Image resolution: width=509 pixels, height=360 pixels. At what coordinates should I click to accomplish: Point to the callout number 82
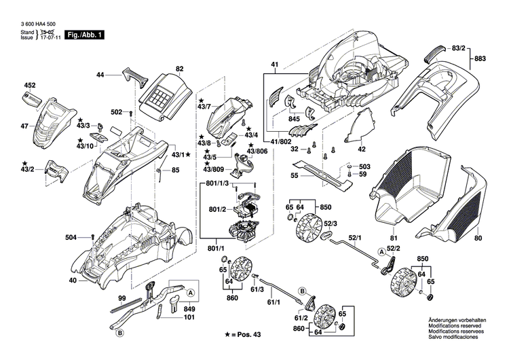point(180,69)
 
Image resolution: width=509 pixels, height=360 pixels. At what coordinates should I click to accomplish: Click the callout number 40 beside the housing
point(73,281)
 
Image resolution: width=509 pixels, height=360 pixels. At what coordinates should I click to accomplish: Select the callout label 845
point(294,119)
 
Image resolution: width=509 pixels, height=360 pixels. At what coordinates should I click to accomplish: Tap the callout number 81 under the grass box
point(392,237)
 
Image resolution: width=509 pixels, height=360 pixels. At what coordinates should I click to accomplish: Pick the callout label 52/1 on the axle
point(356,238)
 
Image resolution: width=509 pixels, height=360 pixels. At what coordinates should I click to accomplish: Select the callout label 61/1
point(274,302)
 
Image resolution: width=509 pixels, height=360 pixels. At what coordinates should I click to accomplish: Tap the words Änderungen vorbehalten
point(457,320)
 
